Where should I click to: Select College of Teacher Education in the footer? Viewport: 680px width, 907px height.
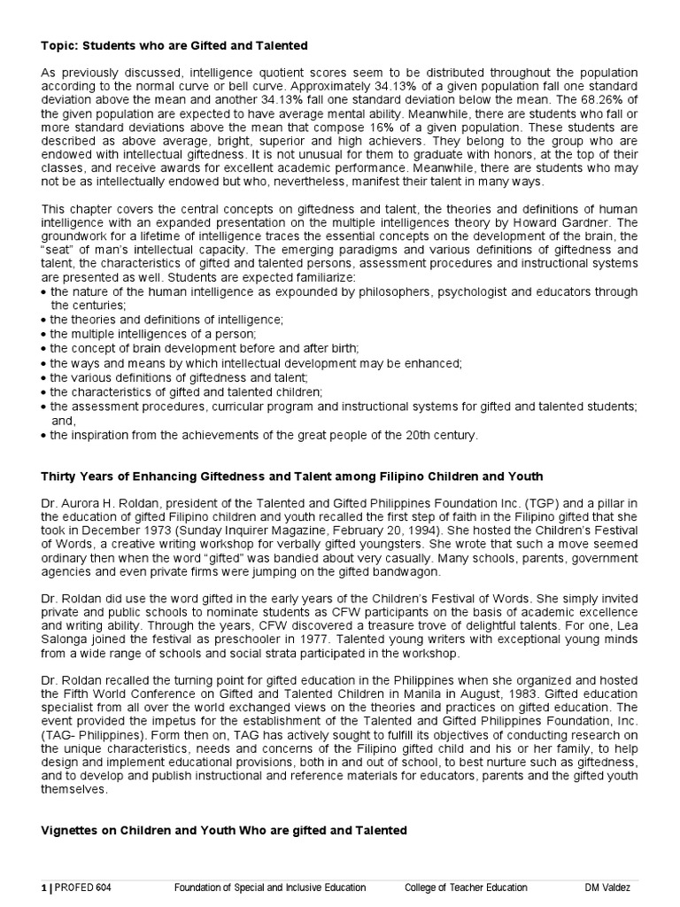pyautogui.click(x=466, y=888)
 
